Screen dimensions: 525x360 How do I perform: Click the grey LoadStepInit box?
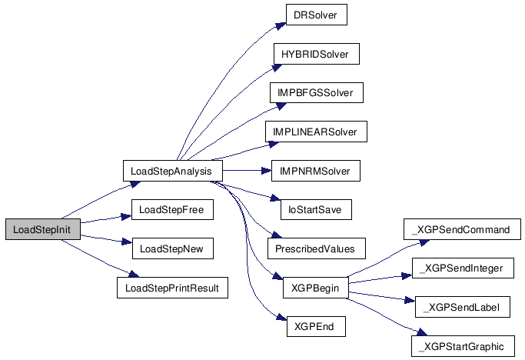click(x=43, y=229)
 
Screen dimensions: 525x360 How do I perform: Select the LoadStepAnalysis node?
click(x=172, y=171)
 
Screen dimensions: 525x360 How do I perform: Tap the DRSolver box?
click(x=317, y=15)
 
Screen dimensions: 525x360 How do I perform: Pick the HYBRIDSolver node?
click(x=317, y=54)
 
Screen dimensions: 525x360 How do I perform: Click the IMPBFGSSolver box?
click(x=317, y=92)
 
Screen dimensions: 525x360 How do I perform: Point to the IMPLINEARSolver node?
click(x=316, y=132)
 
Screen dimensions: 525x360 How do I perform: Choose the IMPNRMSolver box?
click(x=316, y=171)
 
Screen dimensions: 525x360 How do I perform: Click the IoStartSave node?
click(x=316, y=209)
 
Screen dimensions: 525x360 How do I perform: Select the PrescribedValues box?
click(x=317, y=248)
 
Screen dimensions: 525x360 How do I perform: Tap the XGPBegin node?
click(x=316, y=288)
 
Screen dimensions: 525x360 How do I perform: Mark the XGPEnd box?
click(x=316, y=326)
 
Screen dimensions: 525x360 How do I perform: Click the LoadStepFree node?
click(x=172, y=209)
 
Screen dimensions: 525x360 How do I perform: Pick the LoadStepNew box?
click(x=173, y=248)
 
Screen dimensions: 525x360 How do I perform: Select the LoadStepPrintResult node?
click(x=172, y=288)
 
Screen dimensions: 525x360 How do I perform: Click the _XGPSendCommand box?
click(x=462, y=229)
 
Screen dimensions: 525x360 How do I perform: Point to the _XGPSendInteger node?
click(x=463, y=268)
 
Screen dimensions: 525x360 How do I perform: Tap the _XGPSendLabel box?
click(x=463, y=307)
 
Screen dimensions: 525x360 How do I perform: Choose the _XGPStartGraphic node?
click(x=463, y=346)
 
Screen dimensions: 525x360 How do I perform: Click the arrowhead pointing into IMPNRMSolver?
click(x=267, y=171)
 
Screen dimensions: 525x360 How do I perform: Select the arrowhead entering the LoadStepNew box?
click(x=128, y=242)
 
